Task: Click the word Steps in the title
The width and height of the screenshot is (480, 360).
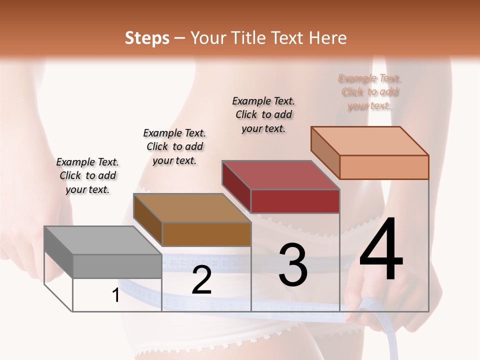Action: (x=147, y=38)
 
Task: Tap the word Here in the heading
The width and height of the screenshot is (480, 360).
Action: (x=327, y=38)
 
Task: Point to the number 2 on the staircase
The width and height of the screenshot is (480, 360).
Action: (x=201, y=280)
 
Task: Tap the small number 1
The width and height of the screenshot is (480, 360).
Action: (x=116, y=295)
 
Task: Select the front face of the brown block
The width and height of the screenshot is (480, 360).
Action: (x=206, y=234)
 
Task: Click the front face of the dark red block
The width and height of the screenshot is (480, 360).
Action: (x=295, y=201)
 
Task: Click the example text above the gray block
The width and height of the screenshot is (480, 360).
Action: (x=87, y=175)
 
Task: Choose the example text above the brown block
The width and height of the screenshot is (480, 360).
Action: (x=174, y=146)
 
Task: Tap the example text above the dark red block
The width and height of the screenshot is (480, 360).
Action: (x=263, y=114)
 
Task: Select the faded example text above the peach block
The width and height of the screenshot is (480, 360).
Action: (x=370, y=92)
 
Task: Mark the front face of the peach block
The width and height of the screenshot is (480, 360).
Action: (x=384, y=167)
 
